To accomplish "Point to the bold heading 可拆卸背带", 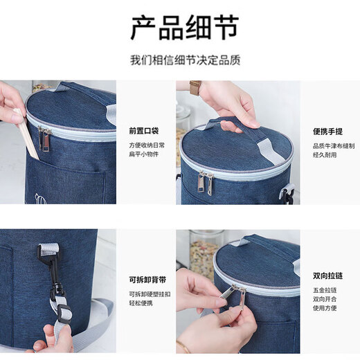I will coord(147,280).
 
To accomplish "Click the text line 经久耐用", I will coord(326,156).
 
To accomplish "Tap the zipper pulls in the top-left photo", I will coord(44,138).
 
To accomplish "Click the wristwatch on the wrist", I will coord(195,88).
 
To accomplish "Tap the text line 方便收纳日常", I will coord(144,146).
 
